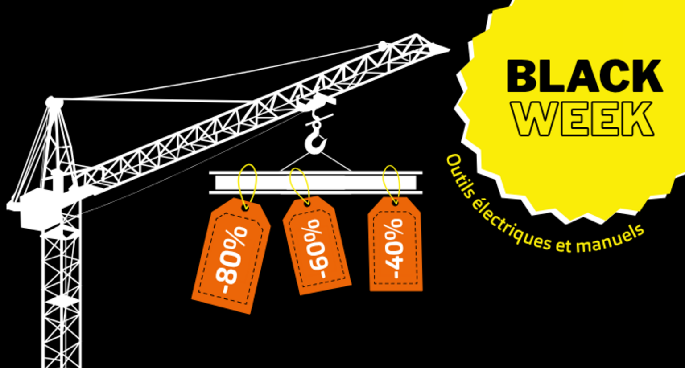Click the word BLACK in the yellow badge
point(584,77)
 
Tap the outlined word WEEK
point(583,119)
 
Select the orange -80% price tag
point(231,256)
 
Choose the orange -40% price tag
point(395,245)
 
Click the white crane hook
point(316,140)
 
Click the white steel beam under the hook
point(316,183)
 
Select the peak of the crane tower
point(54,102)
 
